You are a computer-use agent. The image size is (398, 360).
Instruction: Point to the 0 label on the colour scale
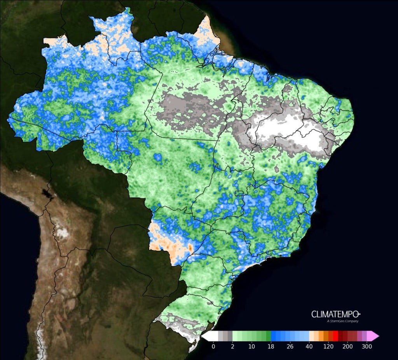pos(213,346)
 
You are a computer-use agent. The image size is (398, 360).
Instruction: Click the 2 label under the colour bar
pos(232,346)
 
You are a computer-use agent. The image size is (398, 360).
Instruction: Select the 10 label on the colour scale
pos(251,346)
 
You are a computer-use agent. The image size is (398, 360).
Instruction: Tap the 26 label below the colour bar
pos(290,346)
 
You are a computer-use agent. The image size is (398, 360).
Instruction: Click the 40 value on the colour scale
pos(309,346)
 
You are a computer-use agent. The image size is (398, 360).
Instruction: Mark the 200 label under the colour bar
pos(347,346)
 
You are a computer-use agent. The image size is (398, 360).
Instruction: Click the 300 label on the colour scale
pos(366,346)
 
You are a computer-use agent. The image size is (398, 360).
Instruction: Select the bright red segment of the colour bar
pos(335,336)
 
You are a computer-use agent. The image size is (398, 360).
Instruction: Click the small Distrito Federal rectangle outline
pos(239,194)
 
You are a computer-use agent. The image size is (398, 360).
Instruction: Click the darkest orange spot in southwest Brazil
pos(190,247)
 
